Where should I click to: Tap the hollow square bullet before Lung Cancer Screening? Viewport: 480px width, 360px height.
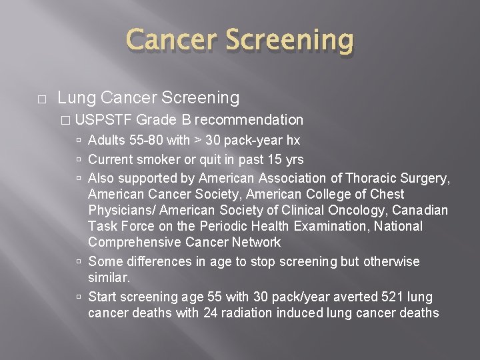pos(41,99)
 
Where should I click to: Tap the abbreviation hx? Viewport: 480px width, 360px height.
pos(293,141)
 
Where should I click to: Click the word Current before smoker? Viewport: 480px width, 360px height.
pos(111,159)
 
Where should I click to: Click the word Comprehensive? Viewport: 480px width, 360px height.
pos(134,243)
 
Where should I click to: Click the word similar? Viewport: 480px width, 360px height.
pos(108,277)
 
